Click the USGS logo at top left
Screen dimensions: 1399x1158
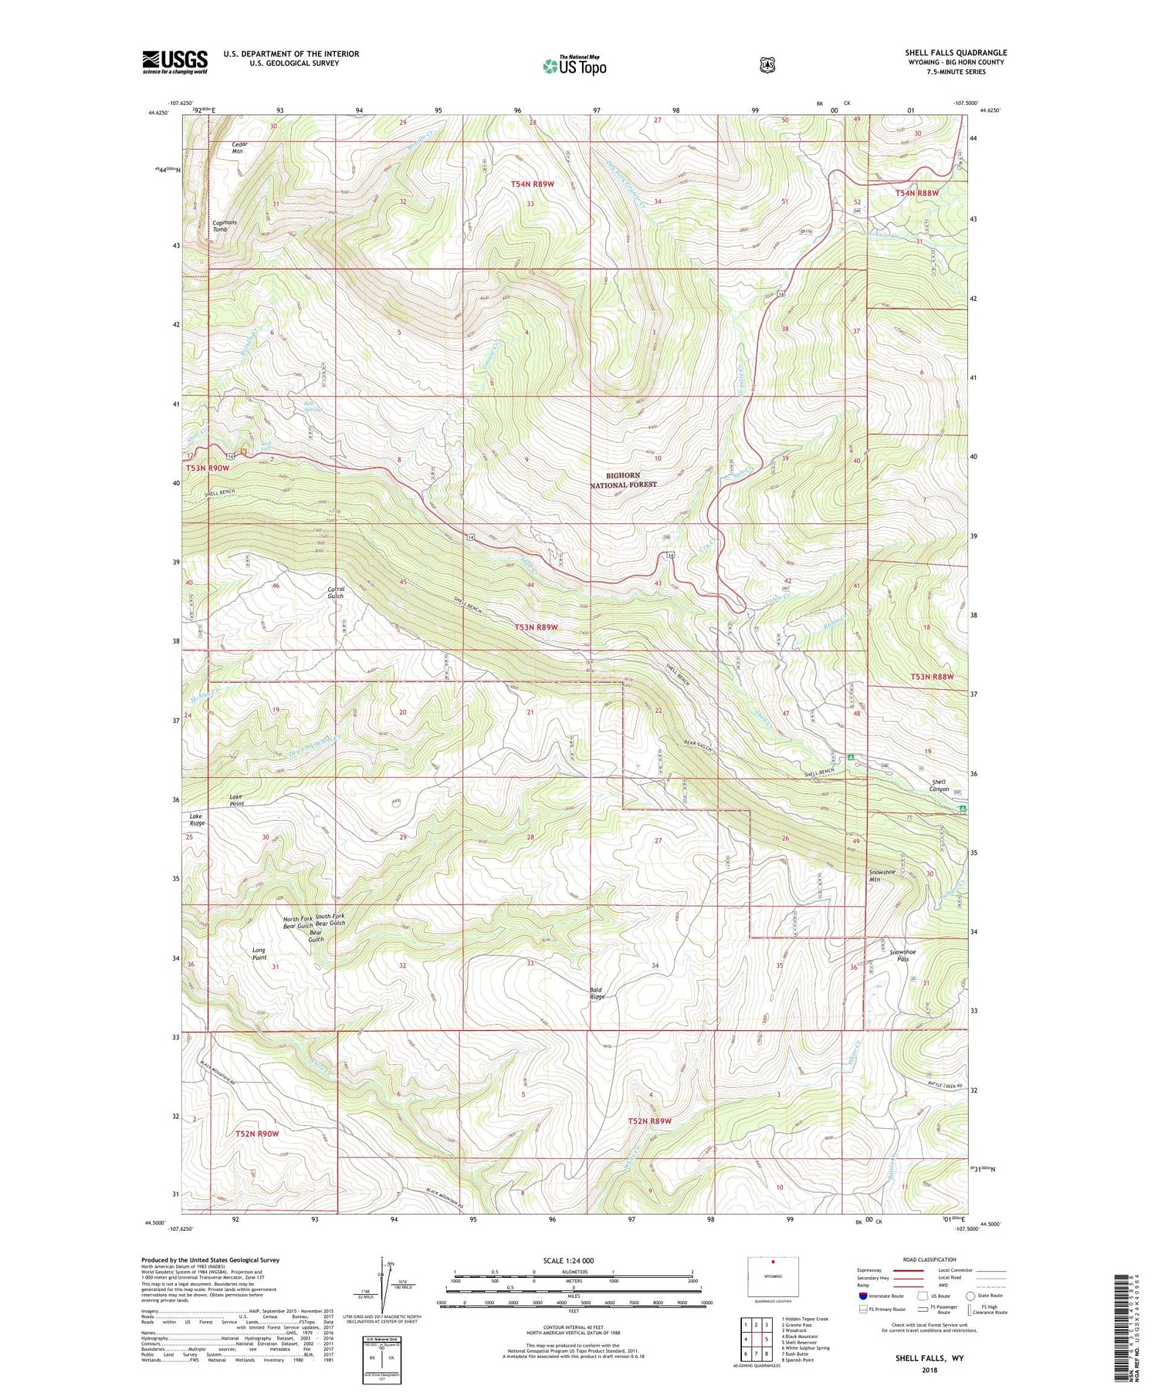tap(174, 61)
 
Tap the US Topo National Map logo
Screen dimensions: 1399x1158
tap(574, 65)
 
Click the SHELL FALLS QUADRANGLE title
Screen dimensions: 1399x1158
tap(956, 52)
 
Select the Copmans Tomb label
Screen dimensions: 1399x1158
tap(225, 225)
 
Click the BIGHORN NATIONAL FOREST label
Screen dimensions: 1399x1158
tap(623, 480)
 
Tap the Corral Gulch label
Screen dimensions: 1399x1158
tap(335, 592)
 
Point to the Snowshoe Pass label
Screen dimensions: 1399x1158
tap(902, 955)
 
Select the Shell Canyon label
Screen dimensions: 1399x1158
tap(939, 785)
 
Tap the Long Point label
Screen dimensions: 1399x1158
tap(259, 954)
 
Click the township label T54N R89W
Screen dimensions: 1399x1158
tap(533, 184)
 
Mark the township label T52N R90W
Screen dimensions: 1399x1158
tap(256, 1133)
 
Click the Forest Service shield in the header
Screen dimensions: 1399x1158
tap(767, 66)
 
